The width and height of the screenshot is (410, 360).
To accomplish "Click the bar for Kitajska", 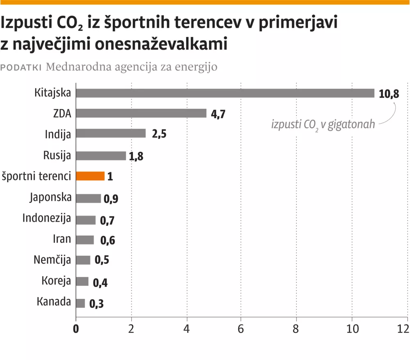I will click(x=225, y=93).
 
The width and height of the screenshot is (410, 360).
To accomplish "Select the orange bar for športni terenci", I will click(x=90, y=176).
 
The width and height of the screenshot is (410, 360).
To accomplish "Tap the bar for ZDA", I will click(x=141, y=113).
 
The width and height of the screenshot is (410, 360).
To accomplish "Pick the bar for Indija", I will click(x=111, y=133).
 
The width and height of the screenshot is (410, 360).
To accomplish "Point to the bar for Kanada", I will click(x=80, y=303).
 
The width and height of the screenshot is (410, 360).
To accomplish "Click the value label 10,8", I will click(x=389, y=94).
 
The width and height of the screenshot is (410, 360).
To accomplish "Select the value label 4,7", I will click(x=218, y=114).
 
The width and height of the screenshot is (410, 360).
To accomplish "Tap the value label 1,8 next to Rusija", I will click(x=136, y=156).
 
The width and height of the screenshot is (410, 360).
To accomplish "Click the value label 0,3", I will click(x=96, y=304).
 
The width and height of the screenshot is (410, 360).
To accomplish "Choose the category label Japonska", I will click(x=50, y=197).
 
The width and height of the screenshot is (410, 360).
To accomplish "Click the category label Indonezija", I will click(x=46, y=218).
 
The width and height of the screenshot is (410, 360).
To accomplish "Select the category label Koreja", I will click(x=56, y=281).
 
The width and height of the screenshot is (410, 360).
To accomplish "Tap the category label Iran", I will click(x=62, y=238).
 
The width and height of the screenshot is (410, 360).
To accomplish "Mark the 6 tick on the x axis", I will click(x=241, y=329).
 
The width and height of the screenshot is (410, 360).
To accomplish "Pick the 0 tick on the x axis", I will click(x=76, y=329).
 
